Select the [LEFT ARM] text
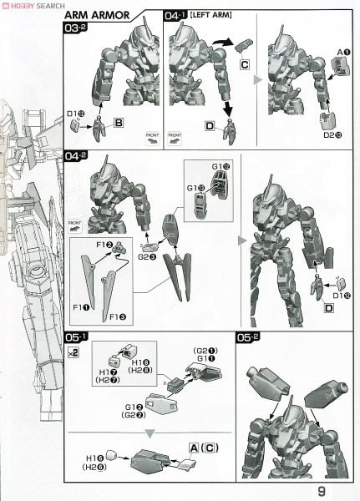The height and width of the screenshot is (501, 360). point(210,16)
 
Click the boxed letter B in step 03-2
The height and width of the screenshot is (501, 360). point(119,123)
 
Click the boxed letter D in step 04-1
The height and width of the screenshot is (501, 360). point(208,125)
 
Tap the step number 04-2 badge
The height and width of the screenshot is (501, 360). point(76,155)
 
